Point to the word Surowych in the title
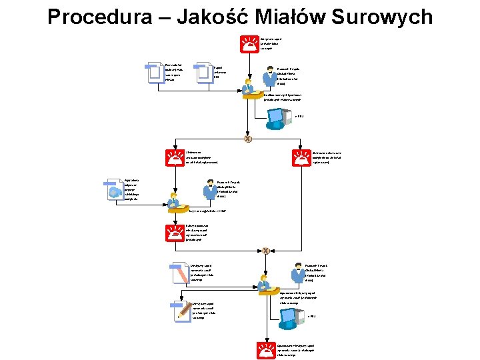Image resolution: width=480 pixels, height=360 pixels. pyautogui.click(x=386, y=17)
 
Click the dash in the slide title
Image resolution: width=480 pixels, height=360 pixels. pyautogui.click(x=155, y=17)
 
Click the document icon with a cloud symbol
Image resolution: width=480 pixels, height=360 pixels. pyautogui.click(x=114, y=189)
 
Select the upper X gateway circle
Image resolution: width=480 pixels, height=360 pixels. pyautogui.click(x=248, y=139)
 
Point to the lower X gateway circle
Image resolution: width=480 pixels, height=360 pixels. pyautogui.click(x=265, y=251)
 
